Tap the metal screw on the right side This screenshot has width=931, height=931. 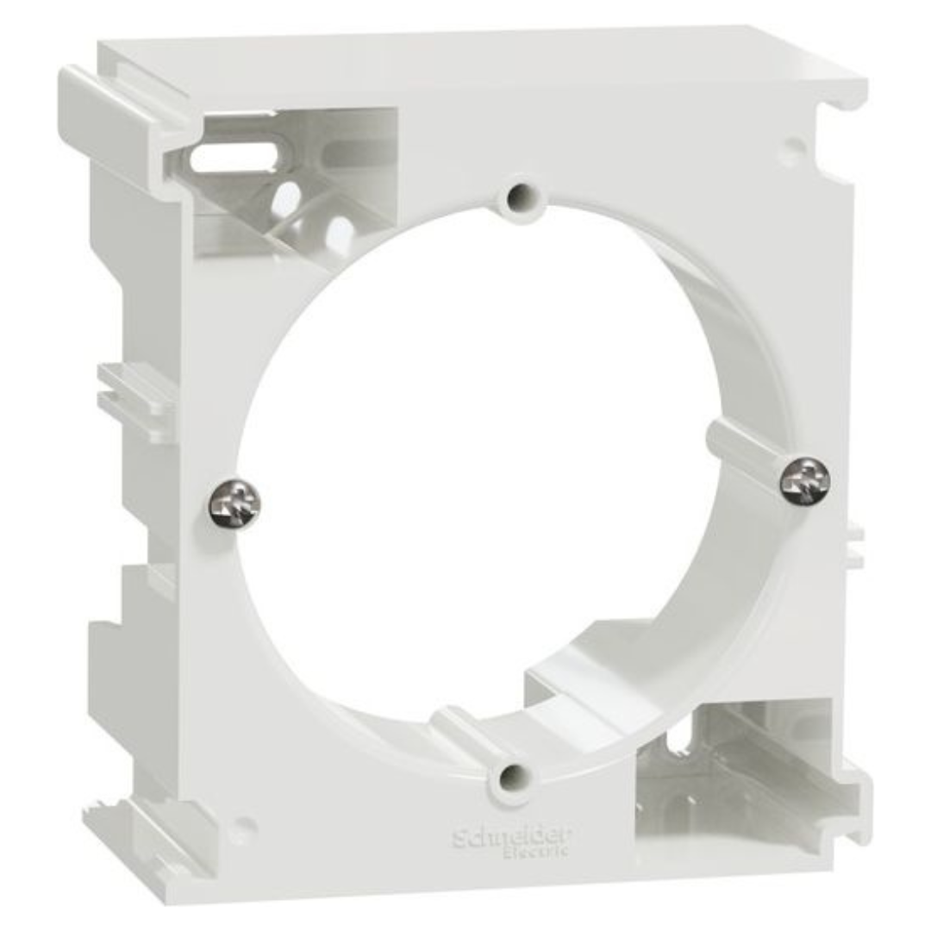point(805,482)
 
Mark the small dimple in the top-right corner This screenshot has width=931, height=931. point(793,142)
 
